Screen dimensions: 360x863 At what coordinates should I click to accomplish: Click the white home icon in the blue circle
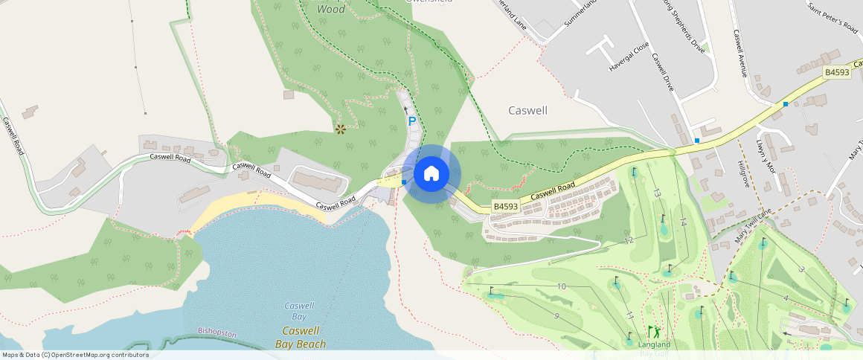coord(431,174)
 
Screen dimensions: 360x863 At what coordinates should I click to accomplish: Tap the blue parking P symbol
coord(411,121)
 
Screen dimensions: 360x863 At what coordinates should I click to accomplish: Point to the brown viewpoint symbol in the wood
coord(341,129)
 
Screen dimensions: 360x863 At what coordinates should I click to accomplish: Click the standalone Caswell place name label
coord(527,110)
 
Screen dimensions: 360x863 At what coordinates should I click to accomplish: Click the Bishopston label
coord(217,332)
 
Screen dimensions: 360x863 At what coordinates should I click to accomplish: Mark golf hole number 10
coord(562,286)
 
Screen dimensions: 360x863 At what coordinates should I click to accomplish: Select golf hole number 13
coord(657,193)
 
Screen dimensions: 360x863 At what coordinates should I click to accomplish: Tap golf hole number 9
coord(556,316)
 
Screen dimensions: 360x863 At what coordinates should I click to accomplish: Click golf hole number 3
coord(801,269)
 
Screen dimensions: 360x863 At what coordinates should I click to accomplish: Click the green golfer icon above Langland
coord(653,332)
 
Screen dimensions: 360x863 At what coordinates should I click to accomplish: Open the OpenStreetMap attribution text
coord(75,355)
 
